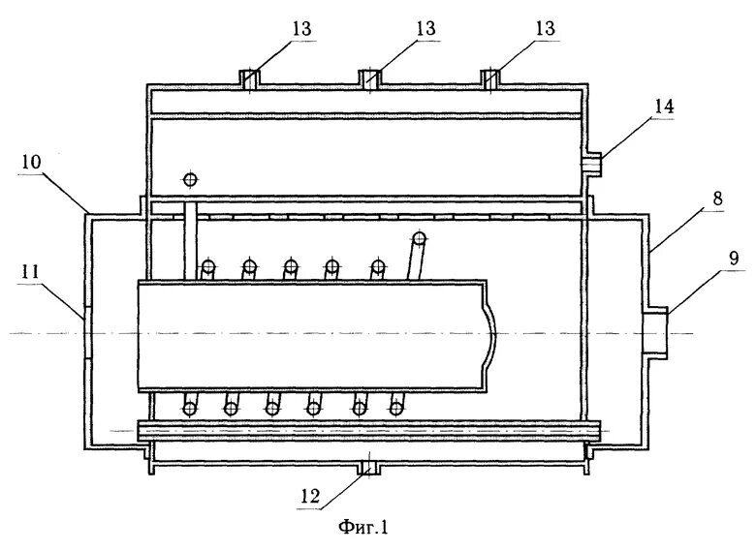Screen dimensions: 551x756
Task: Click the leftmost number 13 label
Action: [x=301, y=30]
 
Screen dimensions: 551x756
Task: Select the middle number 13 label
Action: [x=425, y=30]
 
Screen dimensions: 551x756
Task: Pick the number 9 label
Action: [x=733, y=260]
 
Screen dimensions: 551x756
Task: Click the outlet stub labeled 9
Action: [x=657, y=333]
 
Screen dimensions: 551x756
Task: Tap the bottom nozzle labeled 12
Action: [x=369, y=469]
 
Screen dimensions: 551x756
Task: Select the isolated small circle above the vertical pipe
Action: [x=189, y=179]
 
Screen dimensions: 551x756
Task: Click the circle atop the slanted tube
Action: [x=419, y=238]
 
